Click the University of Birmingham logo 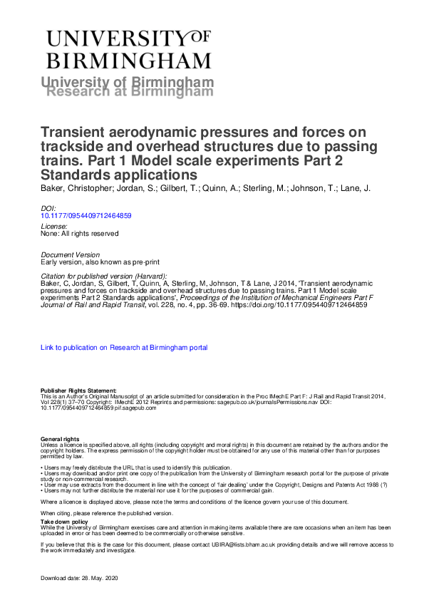coord(128,48)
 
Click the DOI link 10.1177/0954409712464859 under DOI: coord(86,214)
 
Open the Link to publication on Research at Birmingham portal coord(125,348)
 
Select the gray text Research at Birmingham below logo coord(130,91)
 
